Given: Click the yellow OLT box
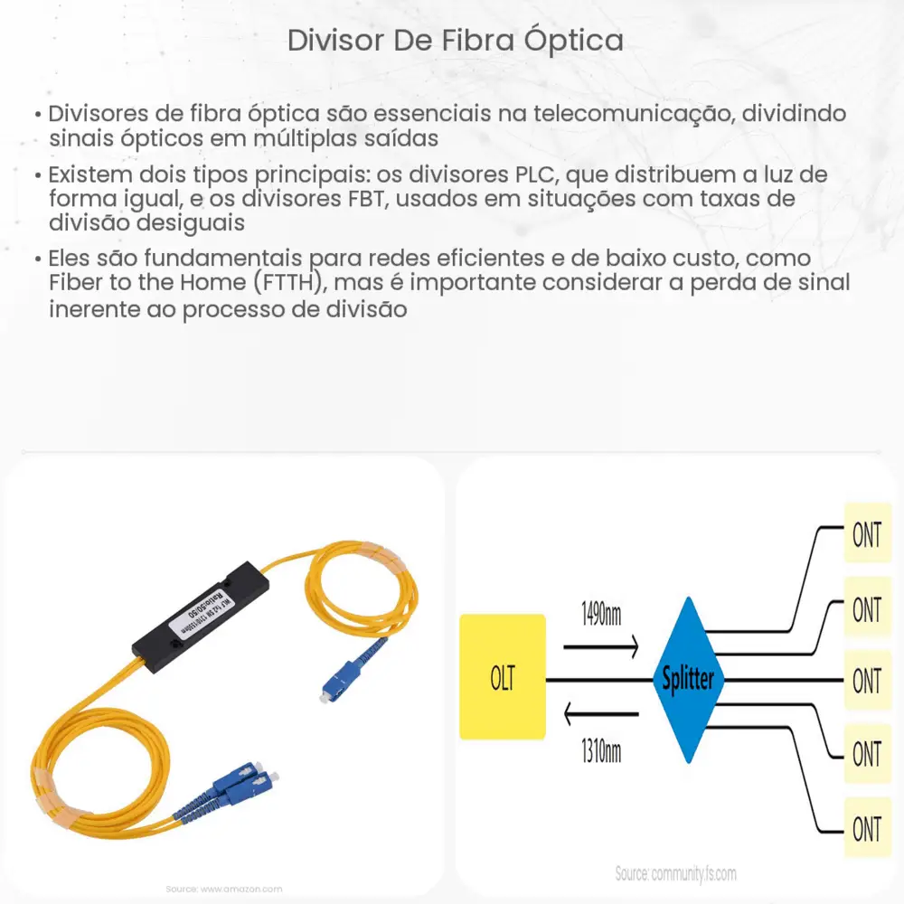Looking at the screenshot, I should click(503, 677).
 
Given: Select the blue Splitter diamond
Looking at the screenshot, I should click(688, 679).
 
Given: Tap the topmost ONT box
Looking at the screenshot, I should click(866, 535).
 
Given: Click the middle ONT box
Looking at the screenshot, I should click(866, 681).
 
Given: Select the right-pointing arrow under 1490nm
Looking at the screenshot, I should click(600, 647).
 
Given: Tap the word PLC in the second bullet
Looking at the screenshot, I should click(523, 174).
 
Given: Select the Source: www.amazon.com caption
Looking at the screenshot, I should click(224, 889).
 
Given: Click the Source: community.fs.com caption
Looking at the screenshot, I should click(675, 874).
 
